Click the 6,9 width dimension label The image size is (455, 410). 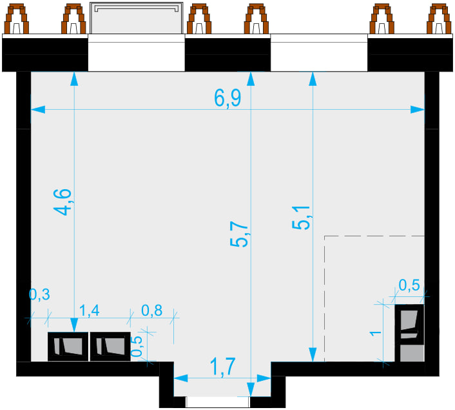pyautogui.click(x=227, y=98)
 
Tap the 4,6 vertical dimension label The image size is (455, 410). pyautogui.click(x=63, y=202)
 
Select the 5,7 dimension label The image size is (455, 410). pyautogui.click(x=239, y=234)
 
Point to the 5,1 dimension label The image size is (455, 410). pyautogui.click(x=301, y=218)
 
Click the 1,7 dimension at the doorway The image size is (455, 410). pyautogui.click(x=222, y=367)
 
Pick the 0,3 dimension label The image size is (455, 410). pyautogui.click(x=39, y=294)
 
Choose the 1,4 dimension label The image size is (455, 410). pyautogui.click(x=90, y=311)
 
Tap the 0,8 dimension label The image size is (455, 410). pyautogui.click(x=151, y=311)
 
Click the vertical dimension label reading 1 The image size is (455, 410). pyautogui.click(x=376, y=333)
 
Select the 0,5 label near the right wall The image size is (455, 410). pyautogui.click(x=409, y=285)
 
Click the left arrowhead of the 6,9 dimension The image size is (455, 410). pyautogui.click(x=38, y=110)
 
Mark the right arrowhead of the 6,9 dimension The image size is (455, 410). pyautogui.click(x=418, y=110)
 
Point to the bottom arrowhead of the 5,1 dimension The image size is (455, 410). pyautogui.click(x=313, y=354)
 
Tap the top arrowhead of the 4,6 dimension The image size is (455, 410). pyautogui.click(x=74, y=79)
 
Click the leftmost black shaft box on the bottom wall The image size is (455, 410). pyautogui.click(x=68, y=347)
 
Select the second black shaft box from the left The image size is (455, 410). pyautogui.click(x=110, y=347)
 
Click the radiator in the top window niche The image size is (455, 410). pyautogui.click(x=137, y=18)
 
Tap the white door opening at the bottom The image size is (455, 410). pyautogui.click(x=218, y=402)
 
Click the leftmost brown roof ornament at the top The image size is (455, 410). pyautogui.click(x=17, y=19)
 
